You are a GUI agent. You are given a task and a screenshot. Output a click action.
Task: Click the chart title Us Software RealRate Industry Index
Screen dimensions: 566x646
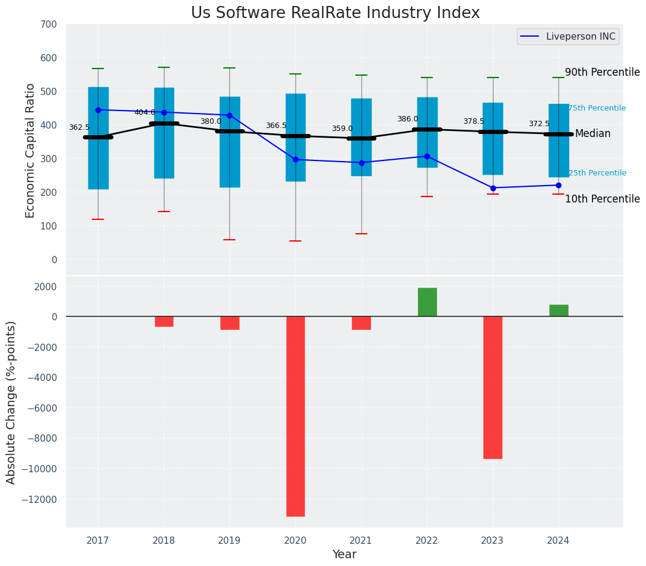pos(335,13)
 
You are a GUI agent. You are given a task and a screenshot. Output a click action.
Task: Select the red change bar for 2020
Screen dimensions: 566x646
pos(295,416)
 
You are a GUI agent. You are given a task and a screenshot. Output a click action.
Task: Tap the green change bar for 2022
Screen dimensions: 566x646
pos(427,302)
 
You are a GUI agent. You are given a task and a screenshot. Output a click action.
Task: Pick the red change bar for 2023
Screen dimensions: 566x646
pos(493,388)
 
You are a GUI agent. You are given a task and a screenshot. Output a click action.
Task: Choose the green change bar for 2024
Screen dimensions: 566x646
pos(558,311)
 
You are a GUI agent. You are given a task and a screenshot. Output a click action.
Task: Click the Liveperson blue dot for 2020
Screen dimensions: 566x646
pos(295,160)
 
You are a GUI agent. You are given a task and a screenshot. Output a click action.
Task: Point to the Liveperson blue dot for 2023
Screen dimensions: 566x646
pos(493,188)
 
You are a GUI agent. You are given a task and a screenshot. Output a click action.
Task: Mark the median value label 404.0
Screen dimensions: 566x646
pos(145,112)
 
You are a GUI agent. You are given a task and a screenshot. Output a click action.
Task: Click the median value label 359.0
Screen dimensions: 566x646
pos(342,129)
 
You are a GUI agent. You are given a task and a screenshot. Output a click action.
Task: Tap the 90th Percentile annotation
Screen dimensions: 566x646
pos(602,72)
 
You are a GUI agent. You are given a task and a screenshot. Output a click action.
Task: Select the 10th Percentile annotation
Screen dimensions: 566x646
pos(602,199)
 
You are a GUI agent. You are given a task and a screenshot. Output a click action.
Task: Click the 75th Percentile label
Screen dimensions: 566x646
pos(597,108)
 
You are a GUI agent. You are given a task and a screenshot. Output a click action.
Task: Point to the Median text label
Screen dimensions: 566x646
pos(593,134)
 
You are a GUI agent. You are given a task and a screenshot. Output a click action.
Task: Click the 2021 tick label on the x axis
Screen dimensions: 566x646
pos(361,541)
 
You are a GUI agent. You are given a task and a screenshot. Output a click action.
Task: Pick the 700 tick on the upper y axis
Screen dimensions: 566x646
pos(49,24)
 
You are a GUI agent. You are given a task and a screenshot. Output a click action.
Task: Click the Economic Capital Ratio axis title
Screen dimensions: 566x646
pos(31,150)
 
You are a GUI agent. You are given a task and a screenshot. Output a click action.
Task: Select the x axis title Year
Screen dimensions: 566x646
pos(345,555)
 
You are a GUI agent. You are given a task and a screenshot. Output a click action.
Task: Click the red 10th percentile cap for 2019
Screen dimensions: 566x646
pos(229,240)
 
